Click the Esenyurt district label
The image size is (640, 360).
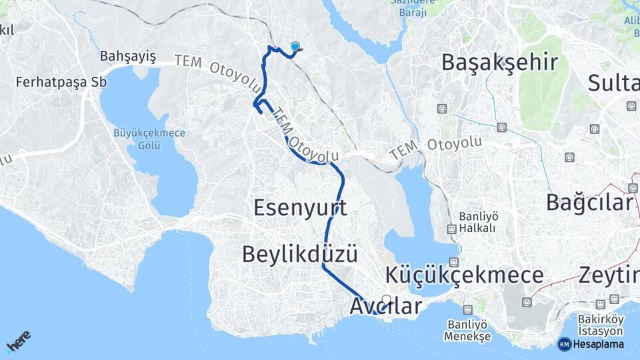[x=301, y=209]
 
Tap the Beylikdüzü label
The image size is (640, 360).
[x=300, y=254]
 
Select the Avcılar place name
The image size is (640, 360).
[x=386, y=307]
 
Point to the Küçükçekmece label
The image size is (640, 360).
[x=464, y=275]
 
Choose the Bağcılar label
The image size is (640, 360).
[x=589, y=202]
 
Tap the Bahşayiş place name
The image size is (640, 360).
[x=127, y=56]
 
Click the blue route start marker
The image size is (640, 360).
[x=295, y=46]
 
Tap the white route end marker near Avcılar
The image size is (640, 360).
[x=387, y=299]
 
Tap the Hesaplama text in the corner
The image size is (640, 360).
[x=598, y=345]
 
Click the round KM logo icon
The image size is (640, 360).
[x=564, y=345]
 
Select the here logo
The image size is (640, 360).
[x=18, y=341]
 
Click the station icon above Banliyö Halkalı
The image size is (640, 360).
[x=452, y=229]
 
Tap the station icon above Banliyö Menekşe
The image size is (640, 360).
[x=469, y=310]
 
